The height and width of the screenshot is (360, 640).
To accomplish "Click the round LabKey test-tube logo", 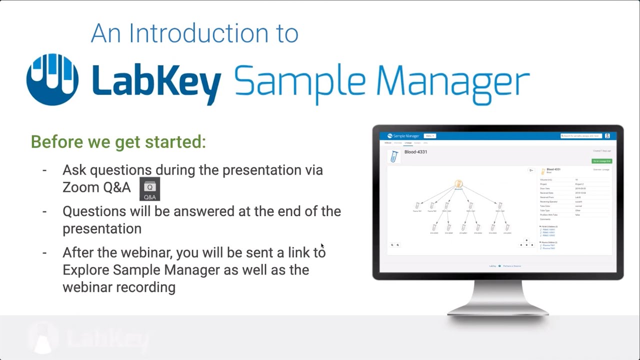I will [x=52, y=79].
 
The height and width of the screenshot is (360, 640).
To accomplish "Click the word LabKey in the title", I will [x=156, y=80].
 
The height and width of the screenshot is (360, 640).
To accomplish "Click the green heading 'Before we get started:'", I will [x=118, y=141].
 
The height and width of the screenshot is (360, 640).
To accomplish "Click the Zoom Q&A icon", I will [x=149, y=189].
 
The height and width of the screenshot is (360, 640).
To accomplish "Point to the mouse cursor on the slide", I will [x=322, y=245].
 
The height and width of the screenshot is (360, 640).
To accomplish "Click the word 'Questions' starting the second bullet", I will [x=94, y=211].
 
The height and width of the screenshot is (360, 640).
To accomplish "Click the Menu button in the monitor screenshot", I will [x=430, y=136].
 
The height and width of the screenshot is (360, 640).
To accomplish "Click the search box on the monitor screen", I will [x=581, y=136].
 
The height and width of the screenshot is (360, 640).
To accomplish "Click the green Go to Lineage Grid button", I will [x=601, y=161].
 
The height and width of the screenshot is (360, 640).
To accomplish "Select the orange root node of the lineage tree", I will [x=458, y=184].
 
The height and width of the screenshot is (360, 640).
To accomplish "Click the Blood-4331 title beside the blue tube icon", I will [x=416, y=152].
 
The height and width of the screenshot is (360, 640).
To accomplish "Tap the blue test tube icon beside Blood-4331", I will [x=394, y=157].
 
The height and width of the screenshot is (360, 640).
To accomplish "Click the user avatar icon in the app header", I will [x=607, y=136].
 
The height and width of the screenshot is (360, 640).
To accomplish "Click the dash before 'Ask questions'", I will [x=44, y=170].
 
